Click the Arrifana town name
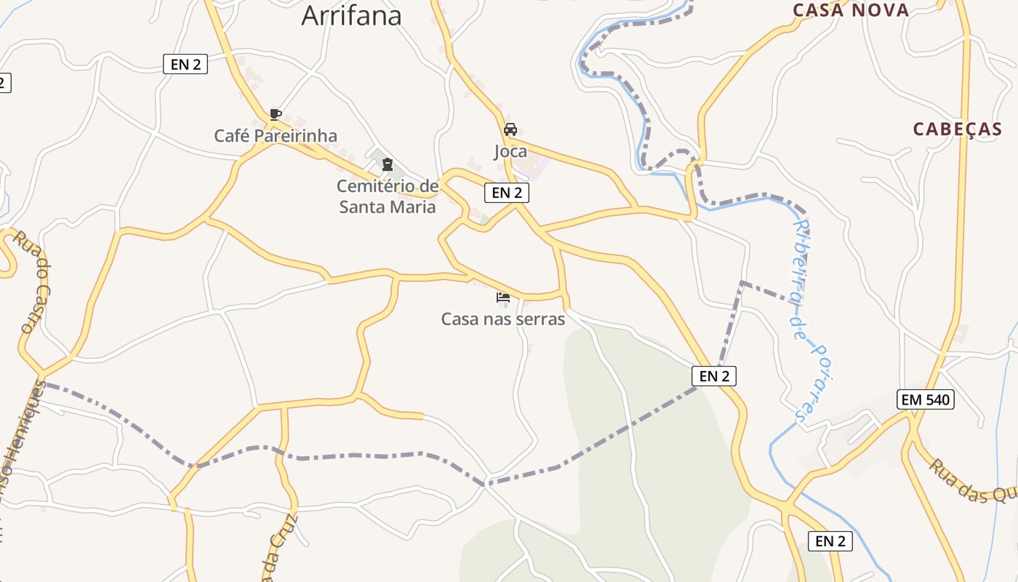point(351,15)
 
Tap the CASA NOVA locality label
point(851,10)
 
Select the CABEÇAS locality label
point(958,129)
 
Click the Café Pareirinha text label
point(276,136)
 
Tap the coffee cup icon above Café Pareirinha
point(275,114)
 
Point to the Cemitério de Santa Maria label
point(388,196)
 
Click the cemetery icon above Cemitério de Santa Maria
point(388,164)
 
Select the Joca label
point(510,152)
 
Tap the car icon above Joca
point(510,129)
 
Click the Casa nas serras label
point(503,319)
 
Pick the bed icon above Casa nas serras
point(503,297)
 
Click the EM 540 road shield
point(926,399)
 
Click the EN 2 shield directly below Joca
point(507,193)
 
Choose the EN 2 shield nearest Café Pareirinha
point(185,64)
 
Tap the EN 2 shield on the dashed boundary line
point(714,376)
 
